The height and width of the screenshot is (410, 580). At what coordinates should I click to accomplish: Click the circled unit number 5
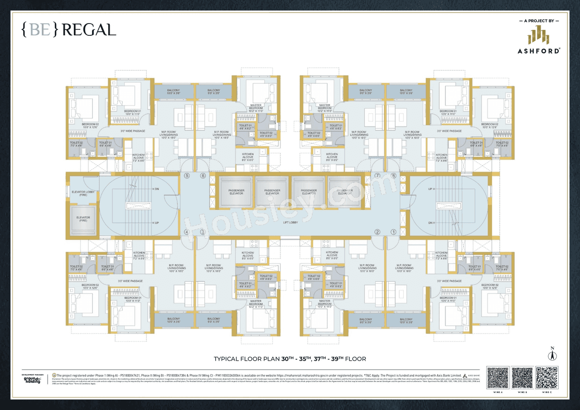coord(186,176)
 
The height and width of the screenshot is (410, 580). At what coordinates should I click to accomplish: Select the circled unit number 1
coord(393,232)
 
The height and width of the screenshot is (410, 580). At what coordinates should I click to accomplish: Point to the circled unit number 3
coord(203,232)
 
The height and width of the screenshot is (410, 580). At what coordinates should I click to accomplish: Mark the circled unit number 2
coord(377,232)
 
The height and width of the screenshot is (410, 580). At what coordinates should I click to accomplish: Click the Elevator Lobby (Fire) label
coord(83,194)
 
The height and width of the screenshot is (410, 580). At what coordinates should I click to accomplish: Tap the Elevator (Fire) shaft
coord(83,219)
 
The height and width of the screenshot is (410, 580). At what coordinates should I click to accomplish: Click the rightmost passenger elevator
coord(345,192)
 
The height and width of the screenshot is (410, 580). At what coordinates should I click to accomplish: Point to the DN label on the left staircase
coord(155,189)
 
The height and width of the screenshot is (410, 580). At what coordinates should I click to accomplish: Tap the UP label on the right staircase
coord(431,189)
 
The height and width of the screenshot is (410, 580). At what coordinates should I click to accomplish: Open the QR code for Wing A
coord(498,378)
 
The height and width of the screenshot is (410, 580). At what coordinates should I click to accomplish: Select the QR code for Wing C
coord(546,378)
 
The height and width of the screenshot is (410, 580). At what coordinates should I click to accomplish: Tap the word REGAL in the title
coord(89,30)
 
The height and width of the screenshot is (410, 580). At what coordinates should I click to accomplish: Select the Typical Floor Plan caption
coord(290,359)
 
